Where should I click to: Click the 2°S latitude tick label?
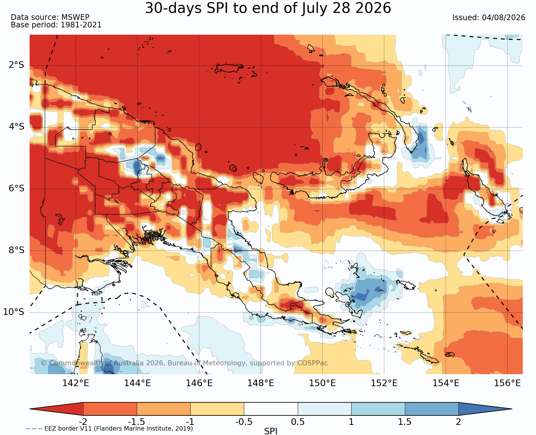pyautogui.click(x=16, y=65)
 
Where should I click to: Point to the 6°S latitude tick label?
pyautogui.click(x=16, y=188)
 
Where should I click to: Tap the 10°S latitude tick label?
pyautogui.click(x=14, y=312)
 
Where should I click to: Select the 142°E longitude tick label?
pyautogui.click(x=76, y=383)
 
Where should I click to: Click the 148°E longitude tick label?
pyautogui.click(x=261, y=383)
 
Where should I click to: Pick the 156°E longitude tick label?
pyautogui.click(x=507, y=383)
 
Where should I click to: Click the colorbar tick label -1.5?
pyautogui.click(x=136, y=422)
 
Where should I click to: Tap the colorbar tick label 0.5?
pyautogui.click(x=298, y=422)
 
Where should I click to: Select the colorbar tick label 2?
pyautogui.click(x=458, y=422)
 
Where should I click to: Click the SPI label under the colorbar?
pyautogui.click(x=271, y=431)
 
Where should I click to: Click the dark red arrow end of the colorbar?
pyautogui.click(x=56, y=409)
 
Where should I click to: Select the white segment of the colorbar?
pyautogui.click(x=271, y=409)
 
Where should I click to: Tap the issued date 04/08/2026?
pyautogui.click(x=504, y=18)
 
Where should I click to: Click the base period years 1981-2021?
pyautogui.click(x=81, y=25)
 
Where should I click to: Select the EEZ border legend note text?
pyautogui.click(x=109, y=429)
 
